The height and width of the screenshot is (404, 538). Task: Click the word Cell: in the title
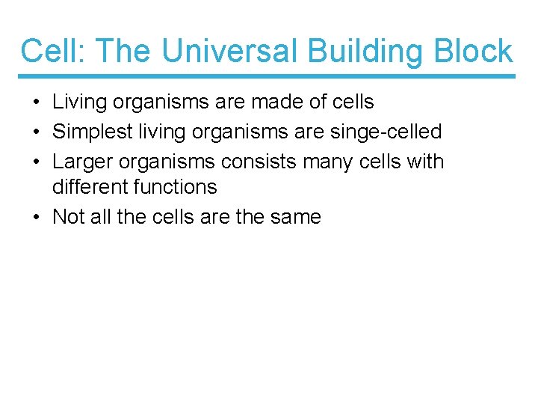pyautogui.click(x=55, y=52)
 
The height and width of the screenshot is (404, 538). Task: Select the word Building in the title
pyautogui.click(x=350, y=52)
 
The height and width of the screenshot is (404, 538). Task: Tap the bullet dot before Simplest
pyautogui.click(x=37, y=132)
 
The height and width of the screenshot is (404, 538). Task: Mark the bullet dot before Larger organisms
pyautogui.click(x=37, y=162)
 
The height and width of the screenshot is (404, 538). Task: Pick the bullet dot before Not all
pyautogui.click(x=37, y=218)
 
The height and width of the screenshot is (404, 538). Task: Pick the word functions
pyautogui.click(x=178, y=187)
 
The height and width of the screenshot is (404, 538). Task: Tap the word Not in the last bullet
pyautogui.click(x=69, y=217)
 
